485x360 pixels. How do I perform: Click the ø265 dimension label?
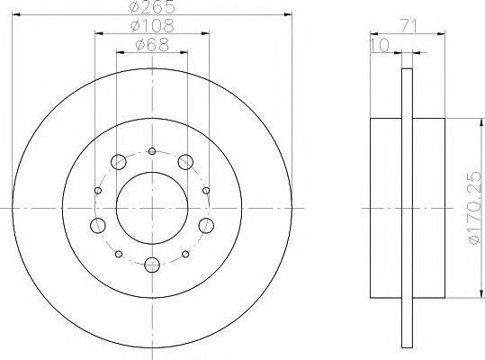[152, 7]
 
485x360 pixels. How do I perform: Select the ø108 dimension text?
[152, 26]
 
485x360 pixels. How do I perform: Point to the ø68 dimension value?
[152, 45]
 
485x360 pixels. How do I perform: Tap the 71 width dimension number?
[409, 26]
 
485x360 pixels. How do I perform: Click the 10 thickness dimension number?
[380, 45]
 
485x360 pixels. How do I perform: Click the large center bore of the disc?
[152, 208]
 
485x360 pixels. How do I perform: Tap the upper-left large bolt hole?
[119, 162]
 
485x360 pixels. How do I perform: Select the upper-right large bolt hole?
[185, 162]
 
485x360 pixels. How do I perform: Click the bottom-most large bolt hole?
[152, 265]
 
